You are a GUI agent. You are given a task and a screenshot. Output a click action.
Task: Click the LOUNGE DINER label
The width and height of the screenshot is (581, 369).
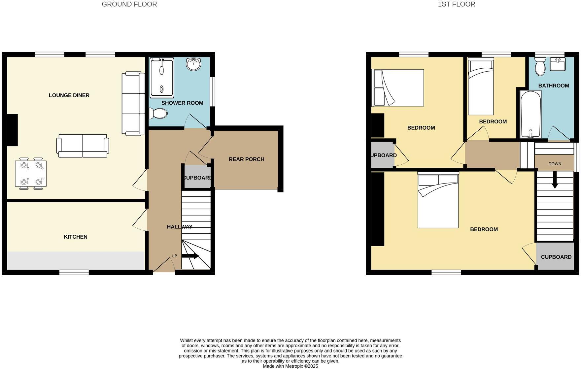click(x=69, y=95)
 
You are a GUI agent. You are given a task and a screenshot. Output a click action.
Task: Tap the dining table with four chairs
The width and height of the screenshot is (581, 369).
click(x=31, y=174)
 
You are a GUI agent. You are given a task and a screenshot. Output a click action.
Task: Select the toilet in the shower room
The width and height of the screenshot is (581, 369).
click(x=158, y=114)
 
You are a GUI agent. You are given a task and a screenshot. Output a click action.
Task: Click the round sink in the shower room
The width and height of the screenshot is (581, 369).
click(x=193, y=64)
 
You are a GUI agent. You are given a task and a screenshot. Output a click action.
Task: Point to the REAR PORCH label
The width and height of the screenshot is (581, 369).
click(x=246, y=159)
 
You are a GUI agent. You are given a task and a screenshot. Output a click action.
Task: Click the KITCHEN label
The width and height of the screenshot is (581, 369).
click(x=76, y=237)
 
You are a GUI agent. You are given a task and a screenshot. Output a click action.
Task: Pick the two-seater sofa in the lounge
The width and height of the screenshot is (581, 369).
click(x=83, y=146)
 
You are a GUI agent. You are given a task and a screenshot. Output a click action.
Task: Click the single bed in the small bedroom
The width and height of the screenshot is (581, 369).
click(x=481, y=86)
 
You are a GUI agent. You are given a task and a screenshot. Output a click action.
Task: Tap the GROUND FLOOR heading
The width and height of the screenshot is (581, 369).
click(x=129, y=4)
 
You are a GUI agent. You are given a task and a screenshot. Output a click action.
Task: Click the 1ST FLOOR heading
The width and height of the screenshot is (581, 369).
click(x=456, y=4)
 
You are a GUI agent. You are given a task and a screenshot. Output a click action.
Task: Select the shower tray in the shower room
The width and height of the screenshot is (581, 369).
click(x=162, y=78)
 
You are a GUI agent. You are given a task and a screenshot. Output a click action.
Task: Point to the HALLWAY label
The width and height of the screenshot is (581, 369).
click(x=179, y=227)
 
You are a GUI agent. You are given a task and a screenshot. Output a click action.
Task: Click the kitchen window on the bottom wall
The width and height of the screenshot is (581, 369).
click(x=74, y=272)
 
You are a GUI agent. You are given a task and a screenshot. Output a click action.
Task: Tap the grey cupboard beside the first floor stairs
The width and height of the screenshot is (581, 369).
click(x=556, y=257)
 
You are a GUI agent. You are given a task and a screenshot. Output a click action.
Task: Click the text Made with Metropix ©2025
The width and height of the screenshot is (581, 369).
click(x=290, y=366)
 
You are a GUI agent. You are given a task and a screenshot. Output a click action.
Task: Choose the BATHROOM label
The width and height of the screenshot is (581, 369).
click(x=554, y=86)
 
